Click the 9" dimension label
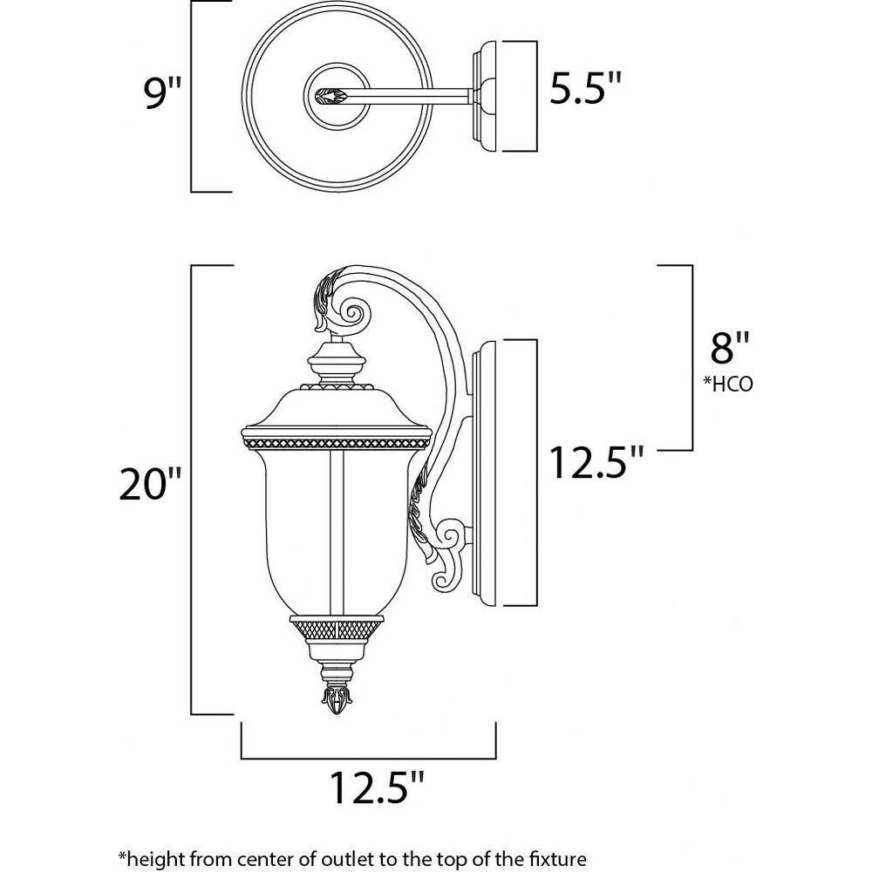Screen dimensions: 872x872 coord(162,92)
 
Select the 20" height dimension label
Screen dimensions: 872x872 coord(151,483)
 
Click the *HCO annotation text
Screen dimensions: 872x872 coord(728,384)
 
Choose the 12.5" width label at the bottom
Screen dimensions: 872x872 coord(378,787)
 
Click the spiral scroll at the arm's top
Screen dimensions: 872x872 coord(351,313)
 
